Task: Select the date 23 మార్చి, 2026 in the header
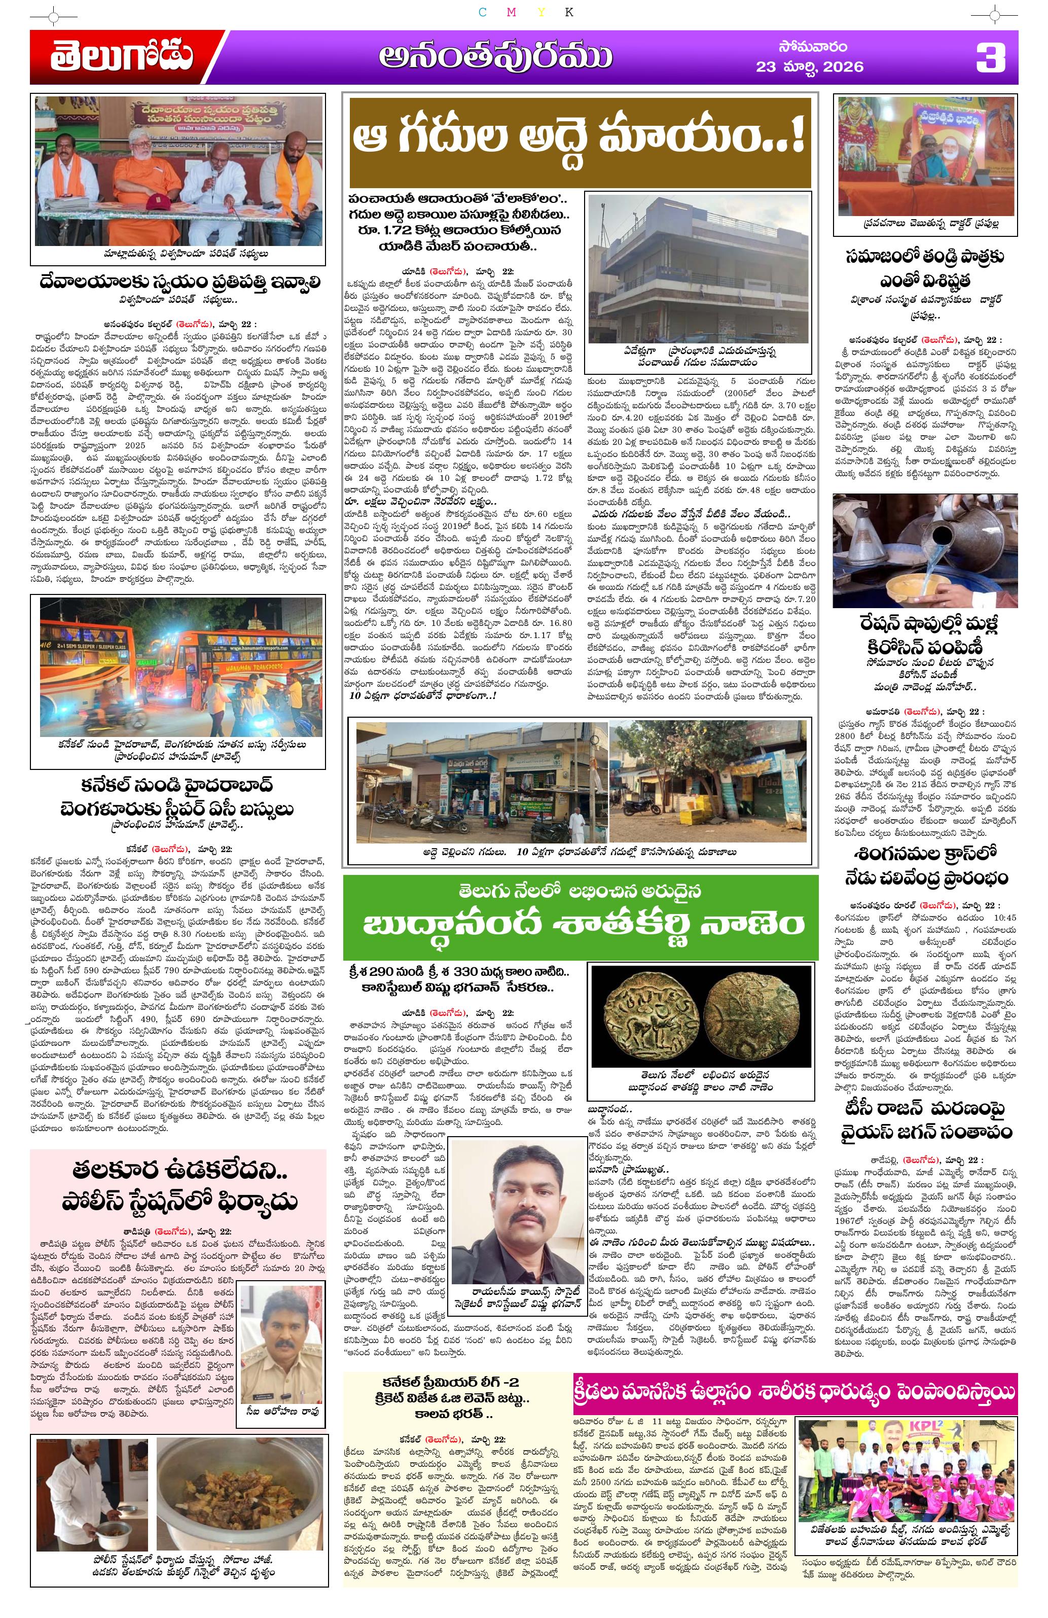pyautogui.click(x=809, y=66)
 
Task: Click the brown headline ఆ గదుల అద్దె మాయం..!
pyautogui.click(x=577, y=142)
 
